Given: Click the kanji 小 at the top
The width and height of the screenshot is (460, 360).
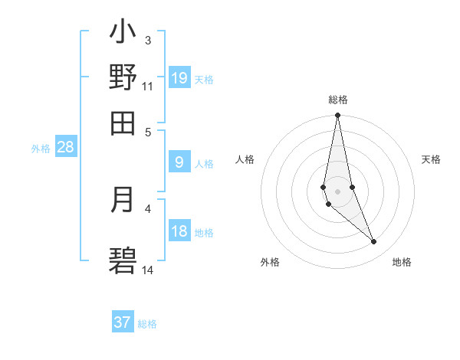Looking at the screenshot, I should (123, 33).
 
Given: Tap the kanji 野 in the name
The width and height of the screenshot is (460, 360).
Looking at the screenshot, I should (123, 77).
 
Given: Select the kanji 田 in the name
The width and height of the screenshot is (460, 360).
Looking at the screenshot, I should (123, 123).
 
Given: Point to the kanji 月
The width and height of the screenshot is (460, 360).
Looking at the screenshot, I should (123, 200).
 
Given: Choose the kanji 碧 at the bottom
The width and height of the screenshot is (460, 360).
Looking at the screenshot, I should (123, 260).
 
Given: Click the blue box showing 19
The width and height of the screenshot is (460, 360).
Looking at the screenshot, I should (179, 78).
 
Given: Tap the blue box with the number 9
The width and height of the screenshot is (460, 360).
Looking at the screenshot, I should (179, 162).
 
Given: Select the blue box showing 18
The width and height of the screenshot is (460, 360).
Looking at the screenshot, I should (179, 231).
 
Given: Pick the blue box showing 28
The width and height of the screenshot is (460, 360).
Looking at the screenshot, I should (65, 148).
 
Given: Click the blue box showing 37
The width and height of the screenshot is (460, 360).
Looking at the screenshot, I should (123, 322).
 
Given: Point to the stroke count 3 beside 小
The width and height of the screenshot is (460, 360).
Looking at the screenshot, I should (148, 40).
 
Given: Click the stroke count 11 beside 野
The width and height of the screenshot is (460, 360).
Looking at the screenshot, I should (148, 86).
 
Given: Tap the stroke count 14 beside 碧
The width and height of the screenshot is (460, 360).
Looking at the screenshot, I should (148, 270).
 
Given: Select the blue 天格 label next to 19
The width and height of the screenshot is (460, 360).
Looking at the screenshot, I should (204, 79).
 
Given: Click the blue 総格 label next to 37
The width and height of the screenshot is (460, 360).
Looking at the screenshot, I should (147, 324).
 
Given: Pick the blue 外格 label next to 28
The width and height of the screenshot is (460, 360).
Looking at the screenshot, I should (40, 149).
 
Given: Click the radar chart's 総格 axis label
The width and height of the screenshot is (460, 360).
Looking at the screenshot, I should (338, 100).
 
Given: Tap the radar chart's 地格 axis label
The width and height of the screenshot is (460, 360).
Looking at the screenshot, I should (402, 263).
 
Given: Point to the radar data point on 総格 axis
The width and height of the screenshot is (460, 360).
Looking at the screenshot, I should (337, 116).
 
